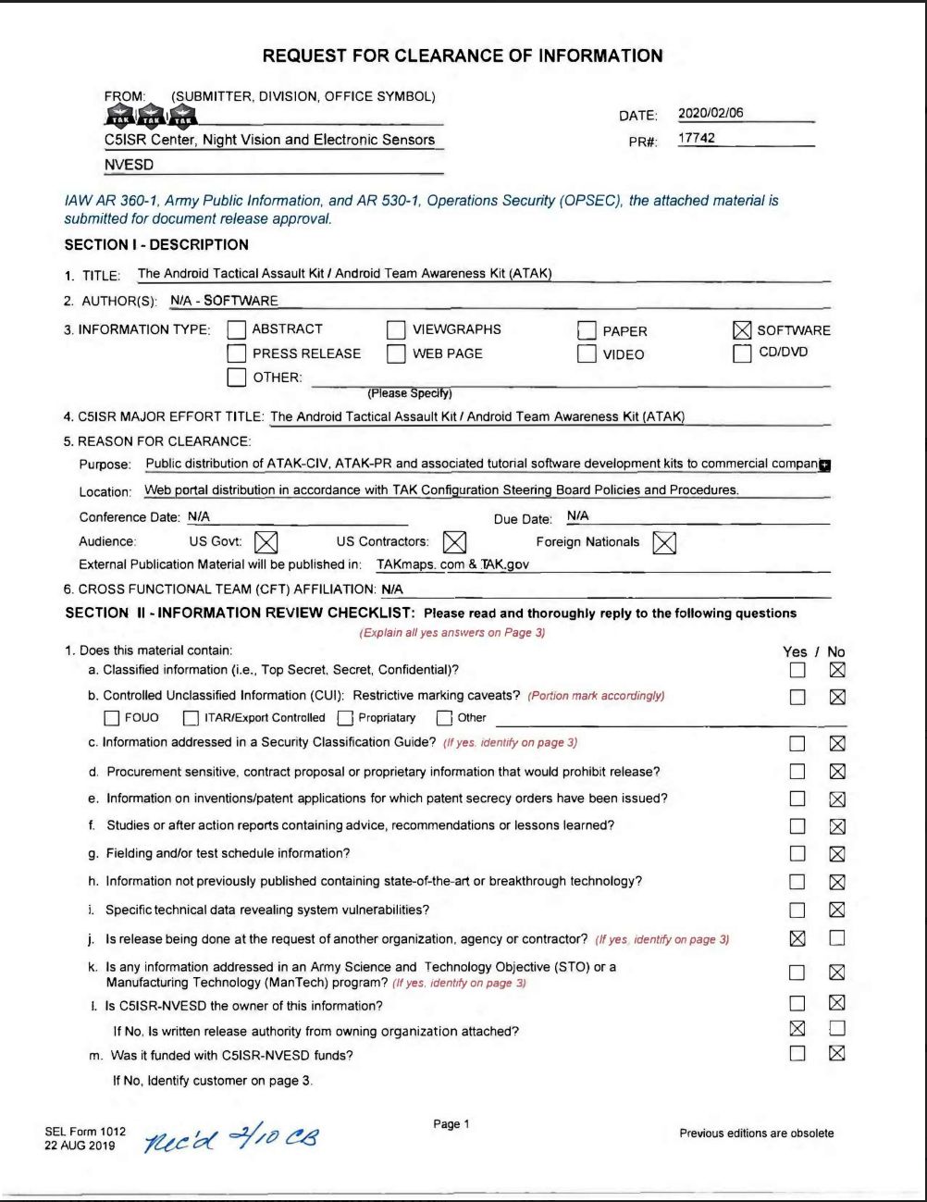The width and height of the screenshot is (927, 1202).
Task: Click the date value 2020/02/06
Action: [710, 114]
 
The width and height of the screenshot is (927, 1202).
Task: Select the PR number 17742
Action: [697, 139]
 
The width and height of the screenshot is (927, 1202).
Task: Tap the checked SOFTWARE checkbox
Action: [742, 330]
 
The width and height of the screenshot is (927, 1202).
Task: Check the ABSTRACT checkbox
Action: [237, 329]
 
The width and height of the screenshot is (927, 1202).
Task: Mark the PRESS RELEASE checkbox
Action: [237, 353]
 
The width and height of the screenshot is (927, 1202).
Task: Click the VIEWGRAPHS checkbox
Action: [396, 329]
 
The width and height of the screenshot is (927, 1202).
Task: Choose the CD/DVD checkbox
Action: [742, 353]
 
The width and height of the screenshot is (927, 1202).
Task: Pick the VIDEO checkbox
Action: [587, 354]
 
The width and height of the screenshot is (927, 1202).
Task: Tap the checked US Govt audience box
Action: [266, 542]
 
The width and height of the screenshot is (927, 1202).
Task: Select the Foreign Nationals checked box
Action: [664, 543]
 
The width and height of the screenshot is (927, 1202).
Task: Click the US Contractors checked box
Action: [454, 542]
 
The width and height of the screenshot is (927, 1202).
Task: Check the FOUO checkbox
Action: [112, 718]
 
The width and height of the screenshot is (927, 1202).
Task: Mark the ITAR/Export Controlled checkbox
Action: [191, 718]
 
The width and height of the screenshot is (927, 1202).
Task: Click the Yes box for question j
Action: [797, 938]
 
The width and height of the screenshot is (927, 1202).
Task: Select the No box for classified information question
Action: [837, 670]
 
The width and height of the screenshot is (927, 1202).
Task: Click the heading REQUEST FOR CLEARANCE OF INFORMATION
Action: [463, 56]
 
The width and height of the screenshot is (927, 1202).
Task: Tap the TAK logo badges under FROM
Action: [151, 115]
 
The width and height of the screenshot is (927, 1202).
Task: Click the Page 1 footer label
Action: [451, 1124]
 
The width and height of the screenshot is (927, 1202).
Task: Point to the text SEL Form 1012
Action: [85, 1132]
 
